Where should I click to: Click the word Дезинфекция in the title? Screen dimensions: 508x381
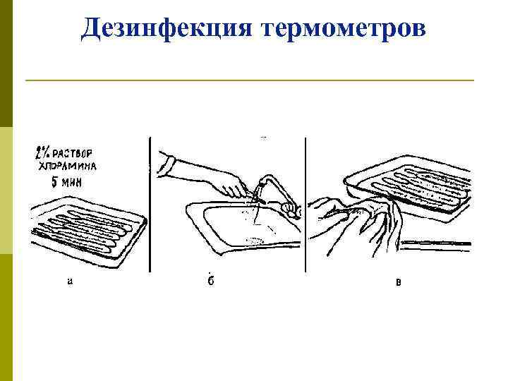[167, 28]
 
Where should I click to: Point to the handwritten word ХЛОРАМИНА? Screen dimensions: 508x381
[68, 167]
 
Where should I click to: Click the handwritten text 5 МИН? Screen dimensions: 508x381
[67, 183]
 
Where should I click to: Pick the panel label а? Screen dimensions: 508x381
[70, 282]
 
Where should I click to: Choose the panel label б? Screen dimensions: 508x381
[211, 280]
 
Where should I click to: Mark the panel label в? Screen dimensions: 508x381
[399, 282]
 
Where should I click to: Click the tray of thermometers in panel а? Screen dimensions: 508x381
[88, 231]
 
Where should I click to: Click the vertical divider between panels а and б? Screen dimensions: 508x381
[150, 205]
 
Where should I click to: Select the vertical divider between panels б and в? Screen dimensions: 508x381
[306, 205]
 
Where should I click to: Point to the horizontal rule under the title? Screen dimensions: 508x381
[250, 80]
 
